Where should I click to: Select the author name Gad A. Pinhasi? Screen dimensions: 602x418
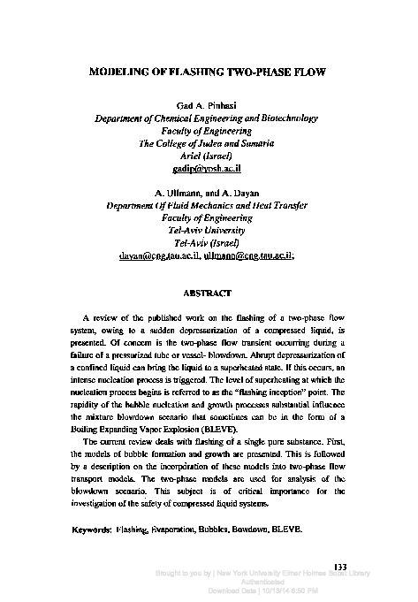pos(209,104)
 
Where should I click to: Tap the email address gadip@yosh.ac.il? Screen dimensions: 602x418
pos(209,166)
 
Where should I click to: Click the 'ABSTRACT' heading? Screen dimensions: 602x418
pos(209,292)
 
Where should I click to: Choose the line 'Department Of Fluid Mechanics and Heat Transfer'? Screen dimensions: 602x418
pos(209,203)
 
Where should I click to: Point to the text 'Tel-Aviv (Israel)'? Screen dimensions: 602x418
pos(209,240)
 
